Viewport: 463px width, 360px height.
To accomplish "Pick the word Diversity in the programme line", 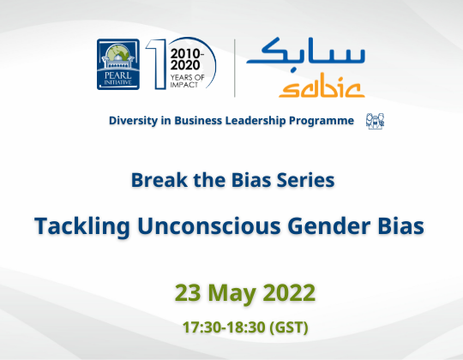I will coord(135,121).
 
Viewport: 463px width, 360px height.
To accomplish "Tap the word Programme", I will coord(326,121).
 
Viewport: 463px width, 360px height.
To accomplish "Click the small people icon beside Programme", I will coord(375,120).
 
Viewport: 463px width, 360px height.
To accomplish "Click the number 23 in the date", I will coord(189,291).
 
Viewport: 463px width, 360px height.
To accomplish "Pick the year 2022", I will coord(290,291).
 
